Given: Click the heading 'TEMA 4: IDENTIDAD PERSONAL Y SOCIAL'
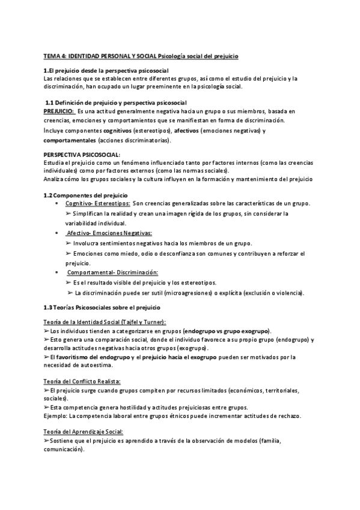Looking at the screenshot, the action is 100,57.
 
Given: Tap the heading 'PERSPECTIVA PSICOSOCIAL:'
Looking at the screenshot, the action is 76,155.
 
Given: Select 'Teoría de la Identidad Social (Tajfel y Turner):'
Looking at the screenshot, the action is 105,322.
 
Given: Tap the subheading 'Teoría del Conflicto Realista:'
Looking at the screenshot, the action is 82,381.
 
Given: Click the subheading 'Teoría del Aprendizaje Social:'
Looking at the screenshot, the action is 83,432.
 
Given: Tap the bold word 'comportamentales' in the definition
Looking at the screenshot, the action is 70,140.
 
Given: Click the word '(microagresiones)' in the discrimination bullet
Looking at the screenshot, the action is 201,293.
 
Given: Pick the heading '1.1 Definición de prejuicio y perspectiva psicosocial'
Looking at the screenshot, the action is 117,102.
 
